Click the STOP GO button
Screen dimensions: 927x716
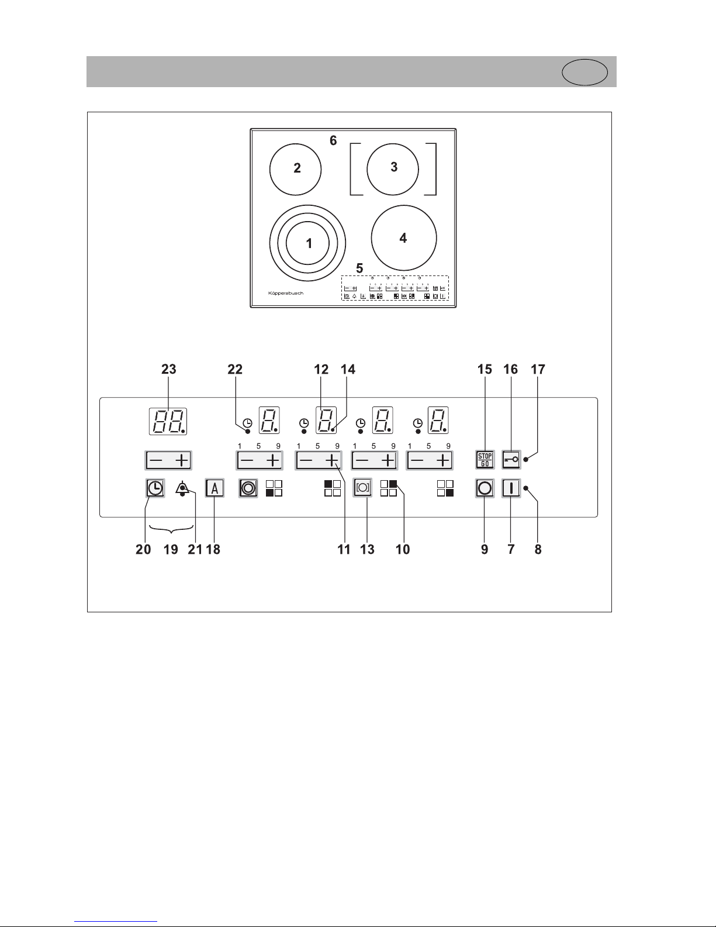tap(485, 460)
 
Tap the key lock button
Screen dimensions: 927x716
tap(511, 460)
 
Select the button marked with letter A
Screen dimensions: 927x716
tap(215, 488)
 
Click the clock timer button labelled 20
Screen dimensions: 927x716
tap(155, 488)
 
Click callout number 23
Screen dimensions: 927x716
tap(168, 369)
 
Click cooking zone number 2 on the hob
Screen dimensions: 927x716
tap(296, 169)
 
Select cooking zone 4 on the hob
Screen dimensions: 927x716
tap(403, 237)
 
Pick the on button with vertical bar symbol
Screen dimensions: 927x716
tap(511, 488)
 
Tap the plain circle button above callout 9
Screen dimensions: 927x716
tap(485, 488)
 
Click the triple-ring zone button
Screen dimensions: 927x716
tap(248, 488)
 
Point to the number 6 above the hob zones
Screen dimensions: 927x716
tap(333, 140)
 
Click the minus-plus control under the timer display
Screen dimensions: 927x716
tap(168, 460)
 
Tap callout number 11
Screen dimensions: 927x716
tap(344, 549)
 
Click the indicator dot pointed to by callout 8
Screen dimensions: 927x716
tap(525, 488)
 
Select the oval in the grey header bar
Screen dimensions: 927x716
tap(584, 73)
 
